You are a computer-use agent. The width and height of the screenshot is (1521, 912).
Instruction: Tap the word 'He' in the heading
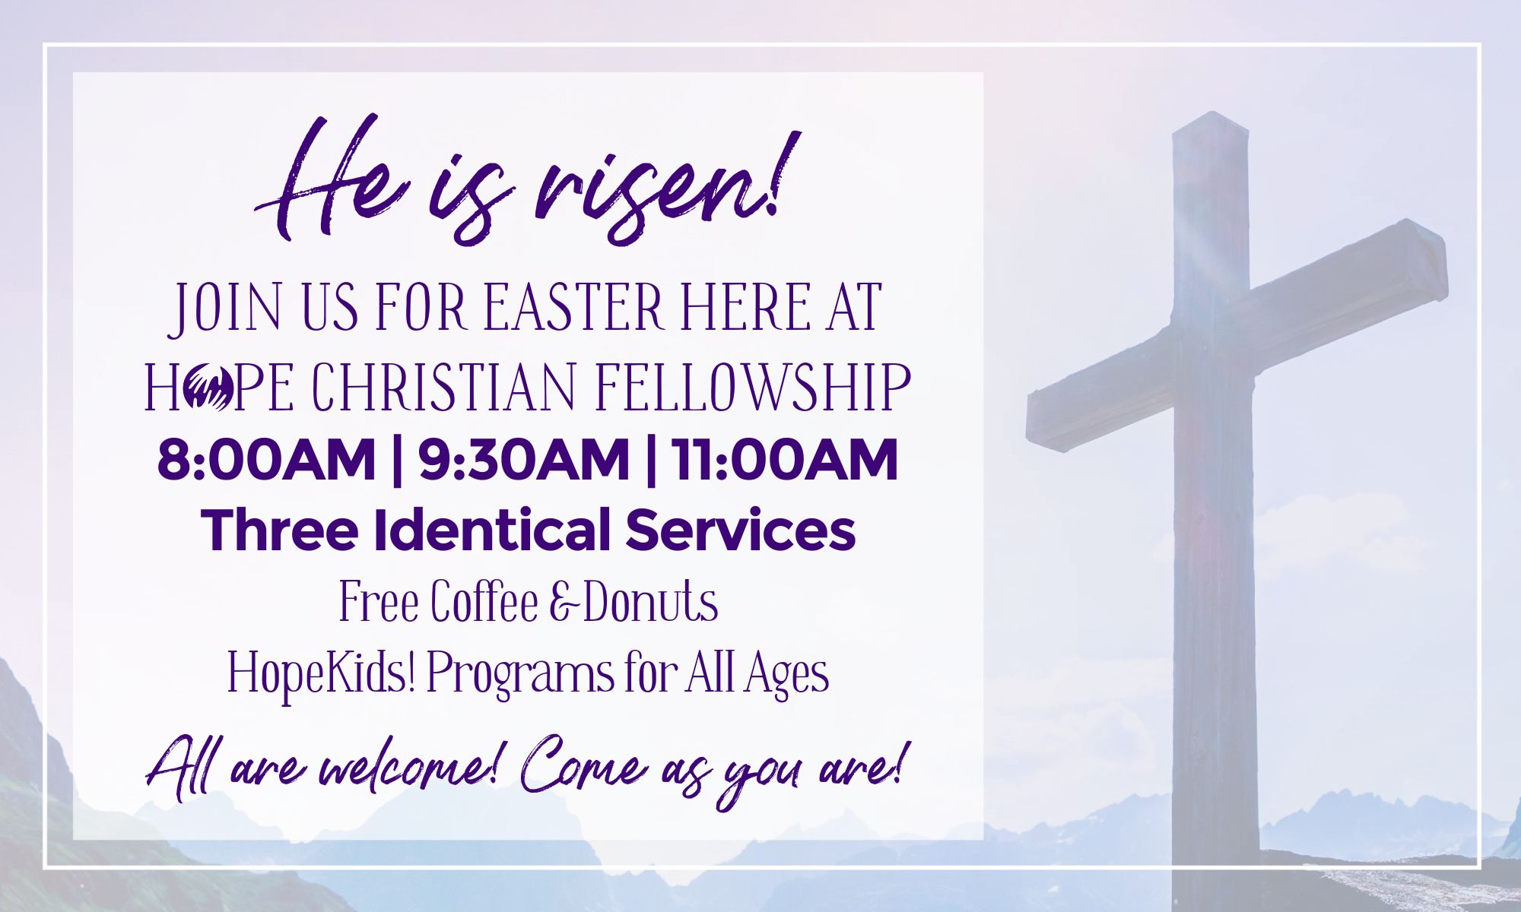[331, 179]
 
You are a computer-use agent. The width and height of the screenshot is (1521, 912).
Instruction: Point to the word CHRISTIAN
[444, 388]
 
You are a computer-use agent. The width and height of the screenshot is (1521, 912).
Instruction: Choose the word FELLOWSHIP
[753, 388]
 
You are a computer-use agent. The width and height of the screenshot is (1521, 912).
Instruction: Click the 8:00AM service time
[266, 460]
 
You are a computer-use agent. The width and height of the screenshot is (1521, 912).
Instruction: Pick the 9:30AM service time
[524, 460]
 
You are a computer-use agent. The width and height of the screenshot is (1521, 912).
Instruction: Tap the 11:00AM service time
[785, 460]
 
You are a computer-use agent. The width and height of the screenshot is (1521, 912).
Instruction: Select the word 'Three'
[280, 530]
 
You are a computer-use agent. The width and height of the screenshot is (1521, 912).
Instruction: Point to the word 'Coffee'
[485, 601]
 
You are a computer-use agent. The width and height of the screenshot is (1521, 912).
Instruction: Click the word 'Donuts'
[651, 601]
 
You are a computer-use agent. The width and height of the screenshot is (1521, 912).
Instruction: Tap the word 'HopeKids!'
[322, 673]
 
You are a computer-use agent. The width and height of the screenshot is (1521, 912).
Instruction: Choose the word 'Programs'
[520, 674]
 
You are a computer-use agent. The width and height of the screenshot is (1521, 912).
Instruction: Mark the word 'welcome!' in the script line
[408, 768]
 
